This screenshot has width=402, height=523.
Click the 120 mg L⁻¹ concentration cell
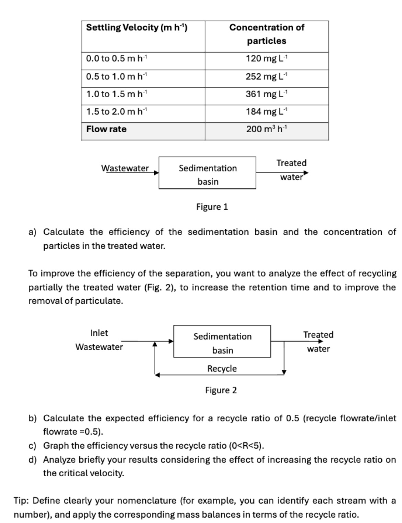[267, 58]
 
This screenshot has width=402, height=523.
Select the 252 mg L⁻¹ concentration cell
[267, 76]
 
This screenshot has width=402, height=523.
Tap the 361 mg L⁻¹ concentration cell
[267, 94]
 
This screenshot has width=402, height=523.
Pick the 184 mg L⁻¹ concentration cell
[267, 111]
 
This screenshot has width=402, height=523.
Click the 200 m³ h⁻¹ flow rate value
[267, 129]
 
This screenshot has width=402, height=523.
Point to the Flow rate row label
[106, 129]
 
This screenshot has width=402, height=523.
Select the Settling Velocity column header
[137, 27]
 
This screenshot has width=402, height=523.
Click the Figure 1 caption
[212, 207]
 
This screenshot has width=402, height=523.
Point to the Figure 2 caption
[221, 390]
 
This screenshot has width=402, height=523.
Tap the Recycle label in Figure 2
[222, 368]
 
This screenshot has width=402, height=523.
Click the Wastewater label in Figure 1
[125, 168]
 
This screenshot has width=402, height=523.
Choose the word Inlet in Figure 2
[99, 333]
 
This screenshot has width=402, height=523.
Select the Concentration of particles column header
[267, 34]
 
